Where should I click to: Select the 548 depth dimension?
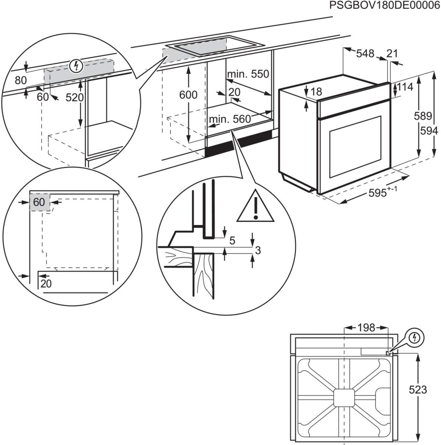click(365, 54)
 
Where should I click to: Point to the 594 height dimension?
click(429, 131)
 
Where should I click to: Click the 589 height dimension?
click(423, 116)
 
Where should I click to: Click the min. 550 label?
click(248, 74)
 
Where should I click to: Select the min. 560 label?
click(230, 119)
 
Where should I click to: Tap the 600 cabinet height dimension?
click(188, 95)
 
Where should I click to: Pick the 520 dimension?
click(75, 97)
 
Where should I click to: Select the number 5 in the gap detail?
click(232, 241)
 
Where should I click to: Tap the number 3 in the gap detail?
click(258, 250)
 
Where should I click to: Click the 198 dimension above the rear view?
click(366, 327)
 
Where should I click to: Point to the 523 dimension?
click(418, 390)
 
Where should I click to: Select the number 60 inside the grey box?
click(39, 202)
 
